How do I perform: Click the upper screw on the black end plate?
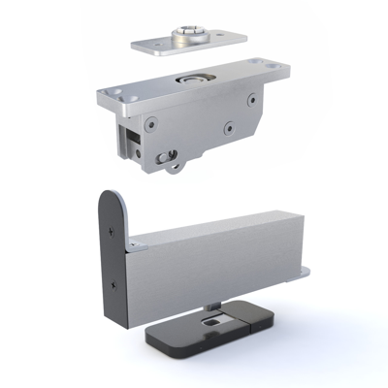pos(113,233)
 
